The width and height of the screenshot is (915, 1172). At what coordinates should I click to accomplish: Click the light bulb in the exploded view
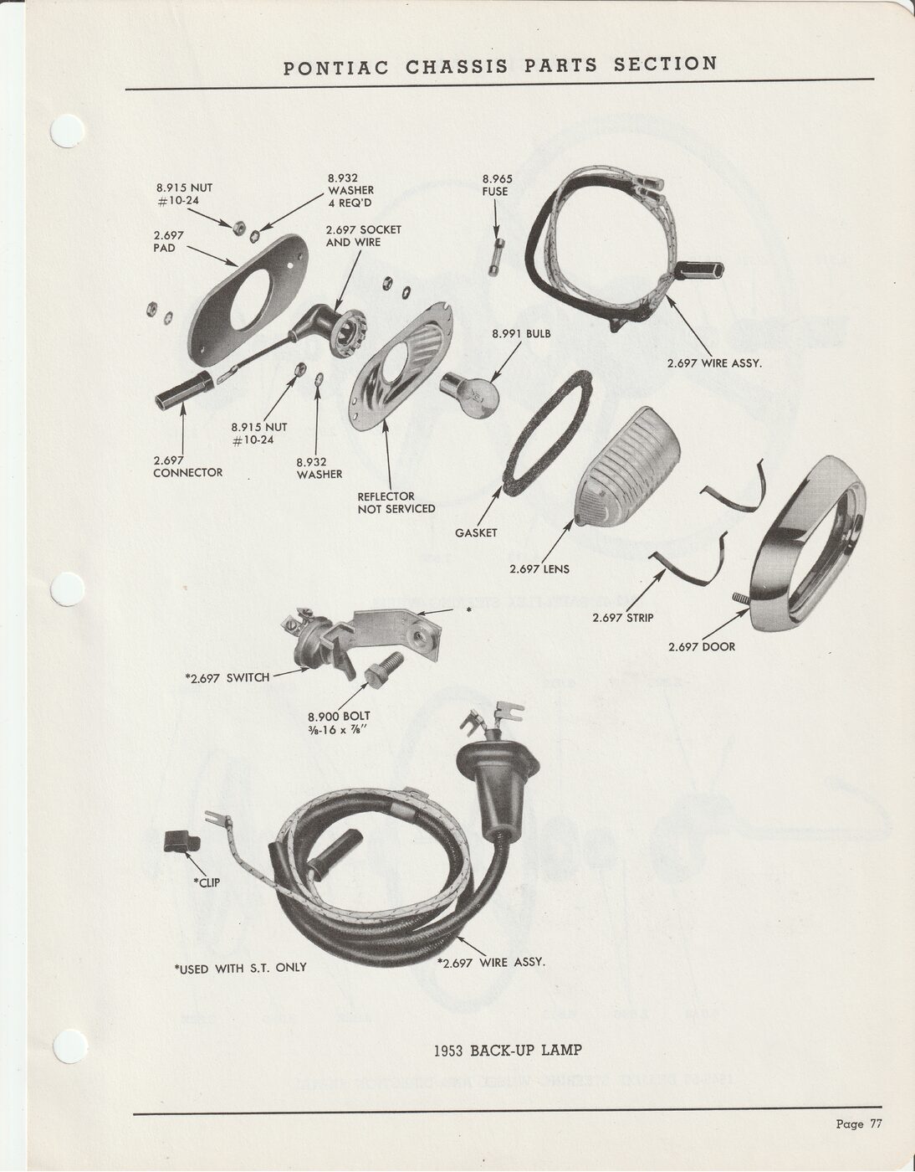(469, 396)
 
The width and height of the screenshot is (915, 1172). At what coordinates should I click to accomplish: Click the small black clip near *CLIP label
(181, 841)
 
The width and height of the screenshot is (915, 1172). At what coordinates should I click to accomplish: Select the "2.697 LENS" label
(539, 568)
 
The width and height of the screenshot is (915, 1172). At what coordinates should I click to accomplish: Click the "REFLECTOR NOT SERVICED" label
(396, 502)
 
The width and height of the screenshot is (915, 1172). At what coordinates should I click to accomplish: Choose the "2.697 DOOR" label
(702, 646)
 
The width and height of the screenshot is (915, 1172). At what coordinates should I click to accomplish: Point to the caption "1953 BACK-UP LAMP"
(508, 1050)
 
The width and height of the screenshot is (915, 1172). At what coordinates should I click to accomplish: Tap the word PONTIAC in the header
(335, 69)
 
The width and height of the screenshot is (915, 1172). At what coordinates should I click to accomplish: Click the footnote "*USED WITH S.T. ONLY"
(240, 968)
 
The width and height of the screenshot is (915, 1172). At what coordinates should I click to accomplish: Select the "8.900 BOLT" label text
(339, 717)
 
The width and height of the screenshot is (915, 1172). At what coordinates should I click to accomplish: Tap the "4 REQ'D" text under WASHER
(350, 203)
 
